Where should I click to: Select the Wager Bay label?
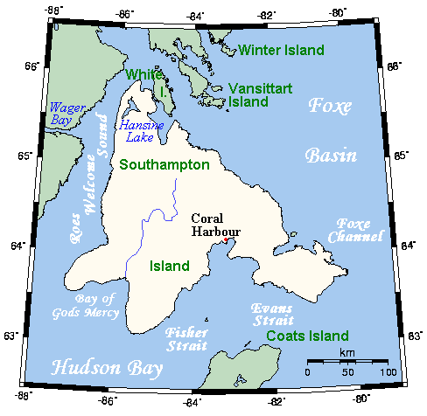67,113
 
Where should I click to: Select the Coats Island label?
308,336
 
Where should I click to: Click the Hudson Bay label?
93,368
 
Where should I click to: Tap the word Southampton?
164,164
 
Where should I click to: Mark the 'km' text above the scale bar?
346,352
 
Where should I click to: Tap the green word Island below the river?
170,265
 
